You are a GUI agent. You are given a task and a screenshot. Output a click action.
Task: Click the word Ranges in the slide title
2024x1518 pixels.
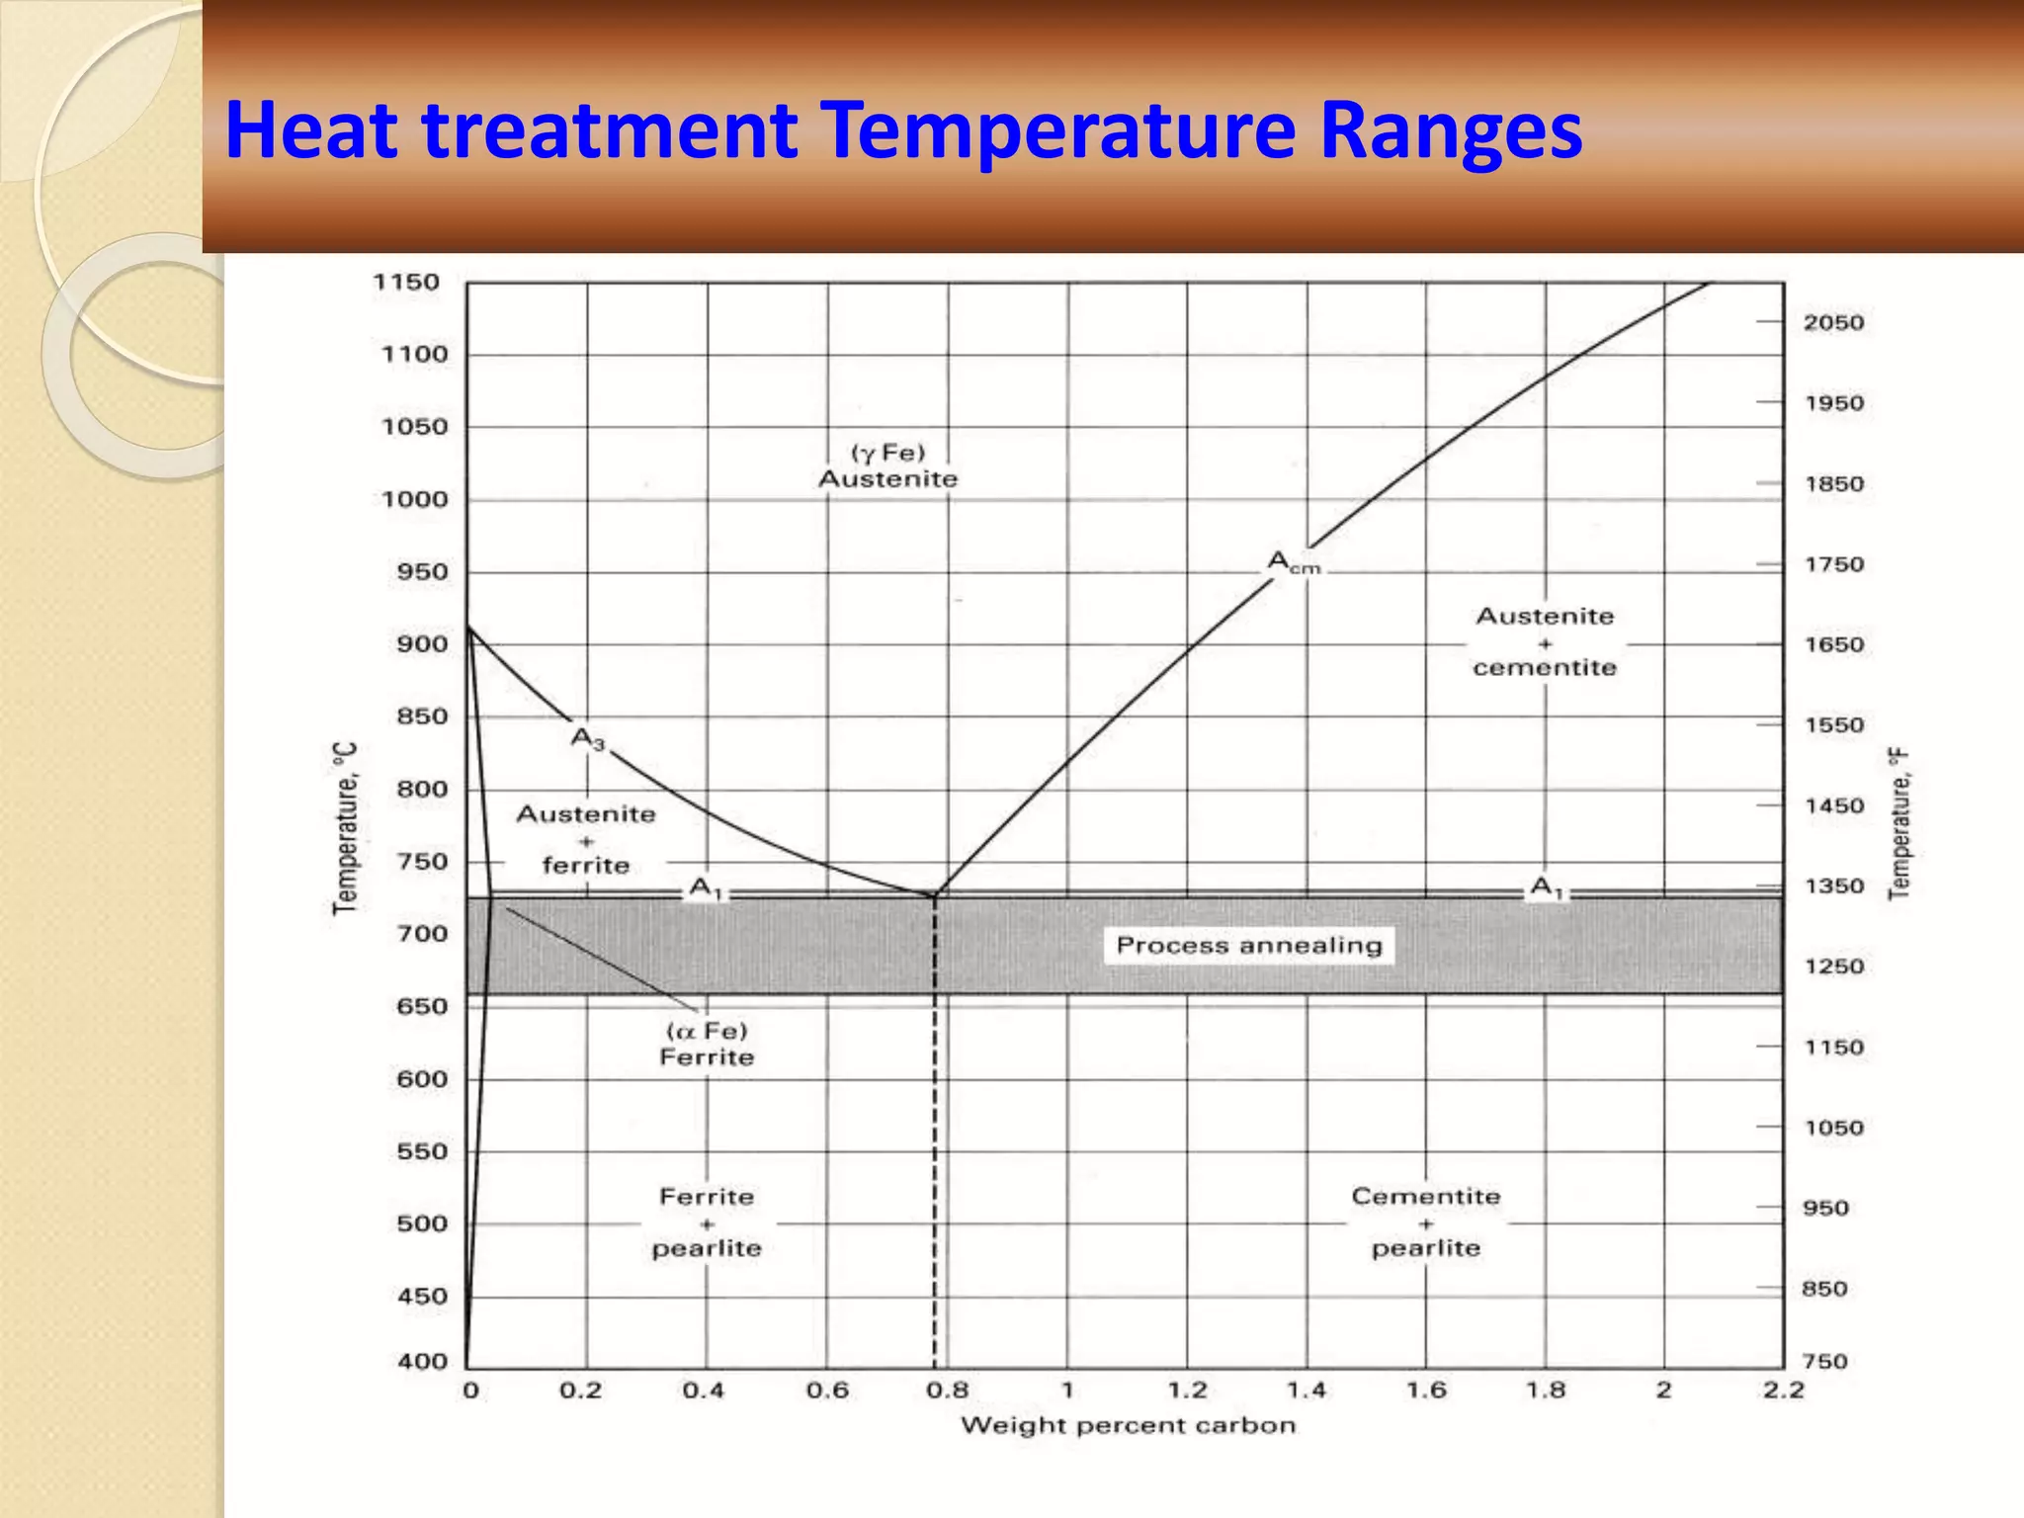[x=1450, y=131]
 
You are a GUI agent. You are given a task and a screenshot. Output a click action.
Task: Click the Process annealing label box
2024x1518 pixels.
[x=1248, y=945]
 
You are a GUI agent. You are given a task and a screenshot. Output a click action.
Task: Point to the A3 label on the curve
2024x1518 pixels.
[x=587, y=738]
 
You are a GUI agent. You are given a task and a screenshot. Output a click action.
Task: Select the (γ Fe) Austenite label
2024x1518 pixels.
[x=887, y=465]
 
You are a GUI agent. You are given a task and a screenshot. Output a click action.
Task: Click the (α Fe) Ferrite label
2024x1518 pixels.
[x=707, y=1044]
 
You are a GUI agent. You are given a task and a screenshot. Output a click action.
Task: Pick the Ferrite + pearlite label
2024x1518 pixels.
[x=707, y=1223]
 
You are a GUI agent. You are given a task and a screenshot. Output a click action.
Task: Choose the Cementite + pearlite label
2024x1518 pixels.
[x=1425, y=1223]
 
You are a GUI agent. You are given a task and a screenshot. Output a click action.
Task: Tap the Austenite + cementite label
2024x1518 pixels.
[x=1545, y=641]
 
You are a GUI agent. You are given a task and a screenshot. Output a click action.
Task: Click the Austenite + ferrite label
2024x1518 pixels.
[x=586, y=839]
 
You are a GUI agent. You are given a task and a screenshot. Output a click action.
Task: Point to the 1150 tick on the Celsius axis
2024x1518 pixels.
[x=406, y=283]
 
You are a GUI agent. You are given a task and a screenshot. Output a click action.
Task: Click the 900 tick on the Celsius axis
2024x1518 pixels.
[x=421, y=644]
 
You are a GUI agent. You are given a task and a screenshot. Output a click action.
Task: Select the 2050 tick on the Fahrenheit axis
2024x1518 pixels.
[x=1832, y=323]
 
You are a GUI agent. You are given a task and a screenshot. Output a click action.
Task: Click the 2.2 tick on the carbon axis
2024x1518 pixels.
[x=1783, y=1391]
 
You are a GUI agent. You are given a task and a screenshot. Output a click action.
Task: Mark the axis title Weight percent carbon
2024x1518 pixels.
[x=1128, y=1425]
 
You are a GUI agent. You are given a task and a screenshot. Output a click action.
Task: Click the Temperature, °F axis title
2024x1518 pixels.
[x=1898, y=824]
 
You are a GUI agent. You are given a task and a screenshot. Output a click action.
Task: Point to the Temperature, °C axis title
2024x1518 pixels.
[x=345, y=828]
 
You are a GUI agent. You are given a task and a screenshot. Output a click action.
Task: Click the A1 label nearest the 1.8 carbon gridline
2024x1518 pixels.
[x=1547, y=886]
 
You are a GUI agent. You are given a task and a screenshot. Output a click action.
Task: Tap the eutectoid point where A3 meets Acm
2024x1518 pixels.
[x=933, y=895]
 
